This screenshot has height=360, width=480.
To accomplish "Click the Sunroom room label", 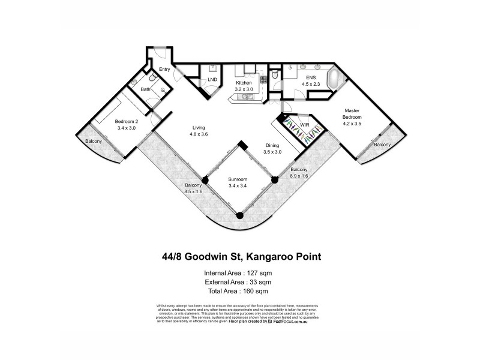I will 238,179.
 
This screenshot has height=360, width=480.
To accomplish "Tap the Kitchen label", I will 243,82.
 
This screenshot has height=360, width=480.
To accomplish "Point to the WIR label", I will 304,125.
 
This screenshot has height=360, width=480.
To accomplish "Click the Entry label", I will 164,69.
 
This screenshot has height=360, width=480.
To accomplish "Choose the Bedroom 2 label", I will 127,121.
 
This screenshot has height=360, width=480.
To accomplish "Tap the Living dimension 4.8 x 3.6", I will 199,134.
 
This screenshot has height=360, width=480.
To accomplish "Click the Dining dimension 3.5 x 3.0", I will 272,152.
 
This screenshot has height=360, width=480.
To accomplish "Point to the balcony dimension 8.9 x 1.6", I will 299,176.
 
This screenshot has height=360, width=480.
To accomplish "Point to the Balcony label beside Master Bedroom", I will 382,145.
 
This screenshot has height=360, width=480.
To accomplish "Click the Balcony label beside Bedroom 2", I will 92,141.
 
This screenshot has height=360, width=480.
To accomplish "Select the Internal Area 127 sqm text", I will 238,273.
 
